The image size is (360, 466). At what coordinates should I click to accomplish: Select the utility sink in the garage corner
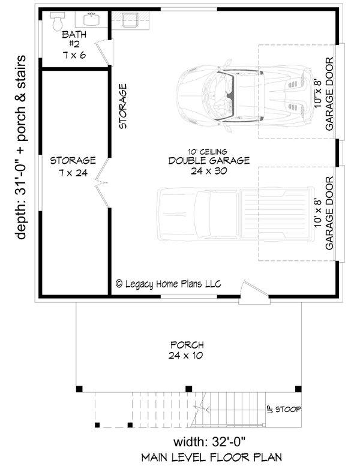[130, 20]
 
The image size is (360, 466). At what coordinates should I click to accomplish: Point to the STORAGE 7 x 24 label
[73, 166]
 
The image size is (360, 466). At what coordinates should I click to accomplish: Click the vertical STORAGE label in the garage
[123, 107]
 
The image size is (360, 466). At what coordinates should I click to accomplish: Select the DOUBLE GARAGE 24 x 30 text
[200, 166]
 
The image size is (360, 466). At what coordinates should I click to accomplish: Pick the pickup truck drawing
[236, 214]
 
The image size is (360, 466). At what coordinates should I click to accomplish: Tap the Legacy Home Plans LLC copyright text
[168, 284]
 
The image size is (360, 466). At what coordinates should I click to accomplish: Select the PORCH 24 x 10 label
[187, 350]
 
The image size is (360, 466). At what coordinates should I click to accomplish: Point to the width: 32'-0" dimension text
[209, 443]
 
